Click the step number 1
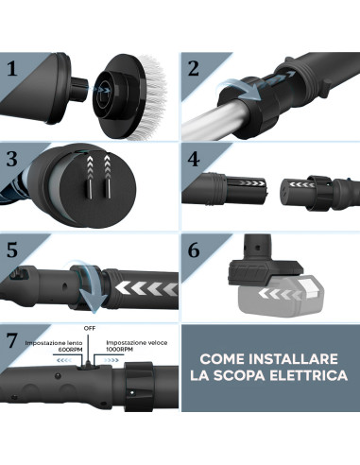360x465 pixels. click(x=13, y=68)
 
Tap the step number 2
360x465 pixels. click(x=193, y=68)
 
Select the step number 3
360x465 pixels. click(x=13, y=157)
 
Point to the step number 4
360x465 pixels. click(x=193, y=157)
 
